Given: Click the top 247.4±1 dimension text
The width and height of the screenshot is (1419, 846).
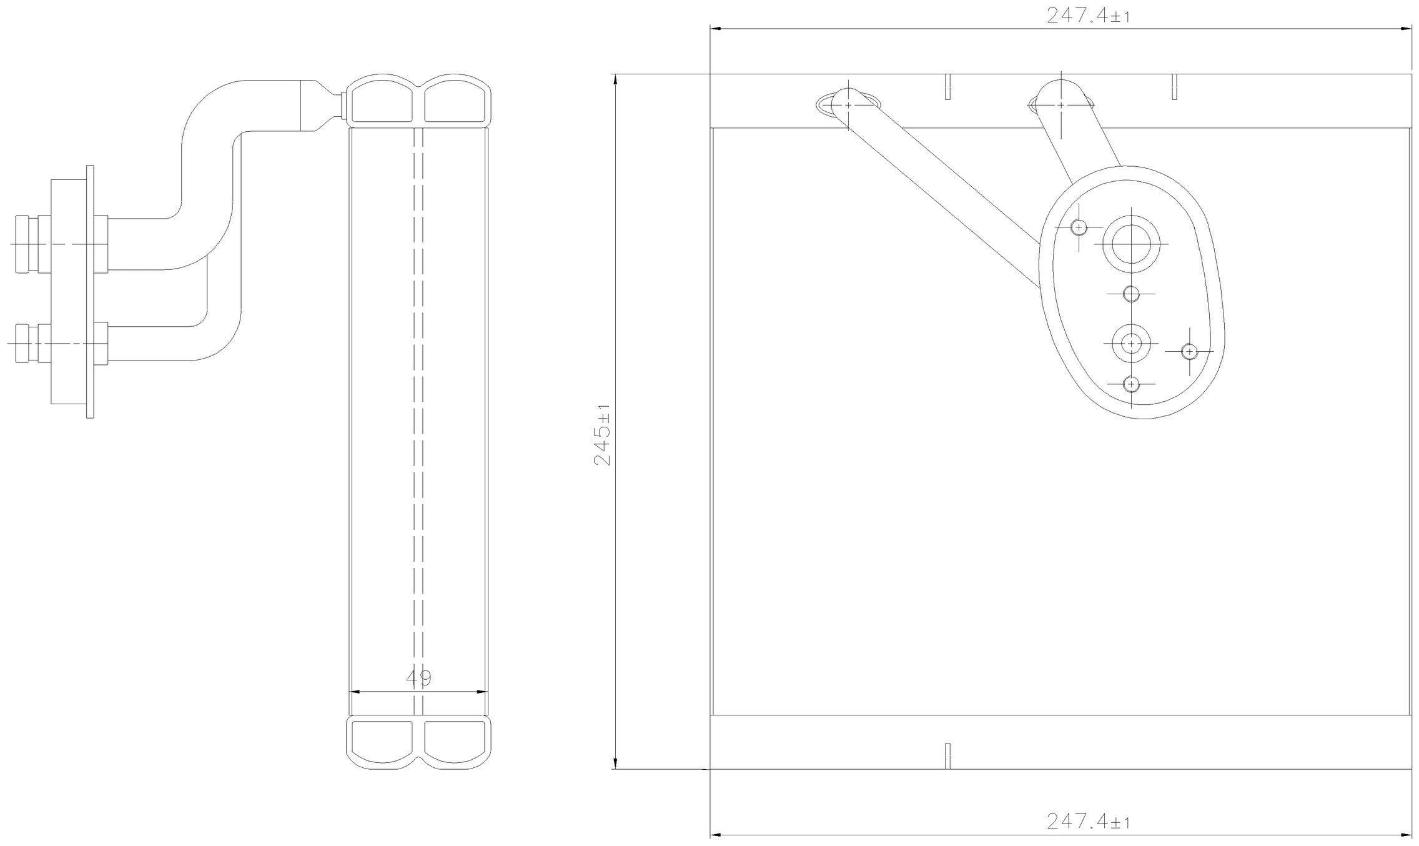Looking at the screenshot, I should [x=1088, y=16].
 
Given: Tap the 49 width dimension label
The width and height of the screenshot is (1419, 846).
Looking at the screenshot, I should [x=418, y=677].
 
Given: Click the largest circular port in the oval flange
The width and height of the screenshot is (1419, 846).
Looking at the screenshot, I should [x=1131, y=244].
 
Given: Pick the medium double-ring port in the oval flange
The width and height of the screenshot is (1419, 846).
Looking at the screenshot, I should [x=1131, y=343].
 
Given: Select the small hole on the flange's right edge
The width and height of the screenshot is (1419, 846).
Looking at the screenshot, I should [x=1189, y=352].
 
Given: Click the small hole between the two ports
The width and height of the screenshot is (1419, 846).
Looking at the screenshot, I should [x=1131, y=294].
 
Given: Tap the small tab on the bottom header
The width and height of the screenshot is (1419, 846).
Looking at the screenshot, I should [x=947, y=757].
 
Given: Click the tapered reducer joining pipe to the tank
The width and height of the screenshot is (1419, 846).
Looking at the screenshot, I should [x=322, y=106].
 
